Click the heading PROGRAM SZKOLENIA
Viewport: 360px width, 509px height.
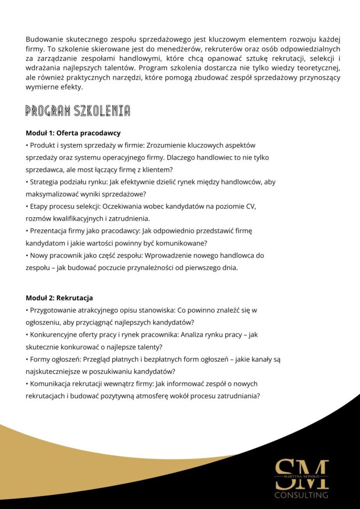pos(78,111)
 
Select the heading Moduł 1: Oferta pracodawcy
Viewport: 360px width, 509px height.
pos(73,133)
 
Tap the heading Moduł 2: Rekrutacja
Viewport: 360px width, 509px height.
pos(59,298)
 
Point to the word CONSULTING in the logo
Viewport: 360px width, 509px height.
pos(302,495)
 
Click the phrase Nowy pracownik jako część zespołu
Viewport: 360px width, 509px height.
pos(84,255)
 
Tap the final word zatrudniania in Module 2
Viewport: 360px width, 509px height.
pos(238,396)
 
